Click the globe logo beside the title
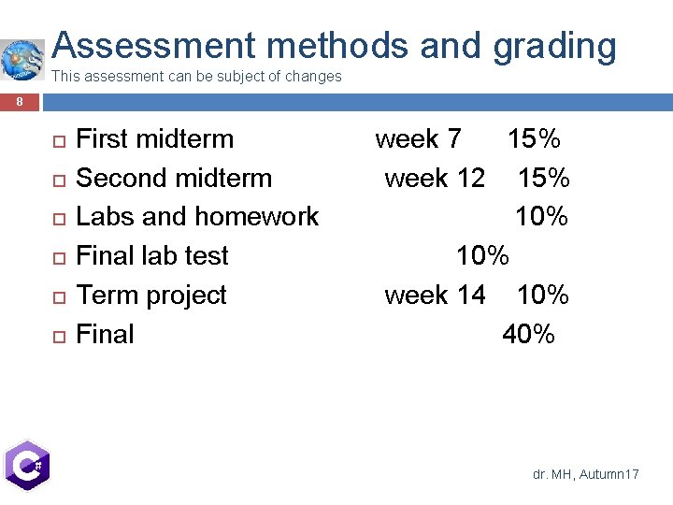coord(22,58)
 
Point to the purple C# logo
coord(26,465)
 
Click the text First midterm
coord(154,139)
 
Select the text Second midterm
coord(173,178)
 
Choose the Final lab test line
coord(151,255)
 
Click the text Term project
coord(150,295)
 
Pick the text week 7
coord(418,139)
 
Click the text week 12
coord(435,178)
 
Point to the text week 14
coord(435,295)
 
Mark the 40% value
coord(528,334)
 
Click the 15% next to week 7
coord(534,139)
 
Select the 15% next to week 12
coord(544,178)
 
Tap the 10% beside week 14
coord(542,295)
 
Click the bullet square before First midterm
coord(57,141)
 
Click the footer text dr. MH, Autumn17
coord(585,475)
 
